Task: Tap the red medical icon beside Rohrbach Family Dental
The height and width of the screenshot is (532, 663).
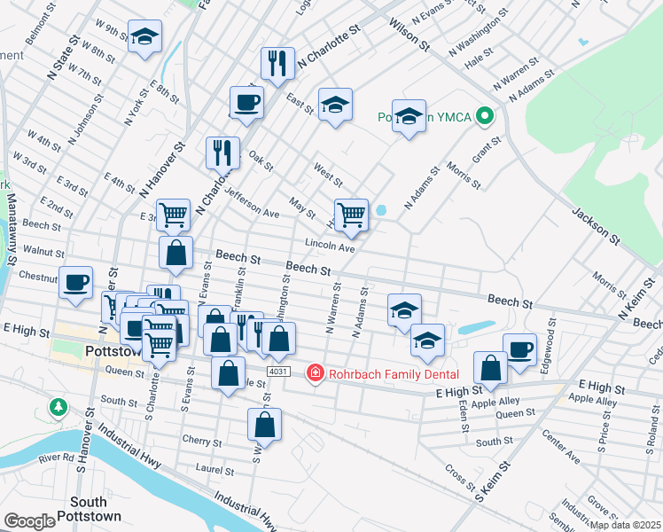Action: coord(314,372)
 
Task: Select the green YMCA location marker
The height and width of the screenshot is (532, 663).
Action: coord(484,116)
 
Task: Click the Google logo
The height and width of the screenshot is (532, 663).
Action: coord(29,520)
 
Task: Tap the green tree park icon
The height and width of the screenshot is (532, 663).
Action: coord(58,408)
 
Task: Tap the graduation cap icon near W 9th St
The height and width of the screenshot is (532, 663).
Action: coord(144,38)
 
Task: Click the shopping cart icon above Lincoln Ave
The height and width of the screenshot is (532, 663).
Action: coord(352,215)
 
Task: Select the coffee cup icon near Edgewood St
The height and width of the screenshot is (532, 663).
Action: coord(519,348)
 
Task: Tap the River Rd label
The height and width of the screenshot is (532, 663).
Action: coord(56,458)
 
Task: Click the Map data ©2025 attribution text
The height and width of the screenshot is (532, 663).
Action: coord(625,525)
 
